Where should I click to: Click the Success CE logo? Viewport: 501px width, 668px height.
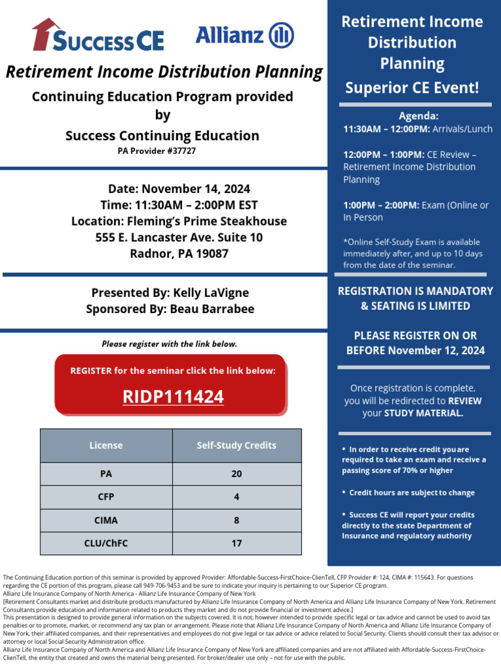click(98, 36)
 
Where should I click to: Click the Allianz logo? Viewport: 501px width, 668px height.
click(245, 35)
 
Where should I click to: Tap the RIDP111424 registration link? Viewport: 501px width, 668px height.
click(173, 397)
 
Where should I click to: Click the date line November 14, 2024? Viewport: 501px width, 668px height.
click(179, 189)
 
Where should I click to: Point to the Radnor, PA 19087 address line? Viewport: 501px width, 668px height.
click(179, 253)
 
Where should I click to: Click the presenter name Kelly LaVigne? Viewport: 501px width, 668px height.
click(211, 293)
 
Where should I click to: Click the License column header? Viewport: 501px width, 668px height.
click(106, 446)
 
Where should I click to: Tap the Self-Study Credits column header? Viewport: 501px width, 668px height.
click(236, 446)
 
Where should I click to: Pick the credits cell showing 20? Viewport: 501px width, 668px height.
click(236, 474)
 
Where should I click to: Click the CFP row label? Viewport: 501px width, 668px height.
click(106, 497)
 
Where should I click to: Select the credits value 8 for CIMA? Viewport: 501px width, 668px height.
click(236, 521)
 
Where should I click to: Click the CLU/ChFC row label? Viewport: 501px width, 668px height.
click(106, 543)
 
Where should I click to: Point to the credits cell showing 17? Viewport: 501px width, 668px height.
click(236, 543)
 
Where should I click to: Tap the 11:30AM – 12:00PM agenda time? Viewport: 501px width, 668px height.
click(385, 129)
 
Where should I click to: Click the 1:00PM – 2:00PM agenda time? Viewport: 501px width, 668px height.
click(382, 205)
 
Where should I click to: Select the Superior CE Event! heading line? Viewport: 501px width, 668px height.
click(412, 87)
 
